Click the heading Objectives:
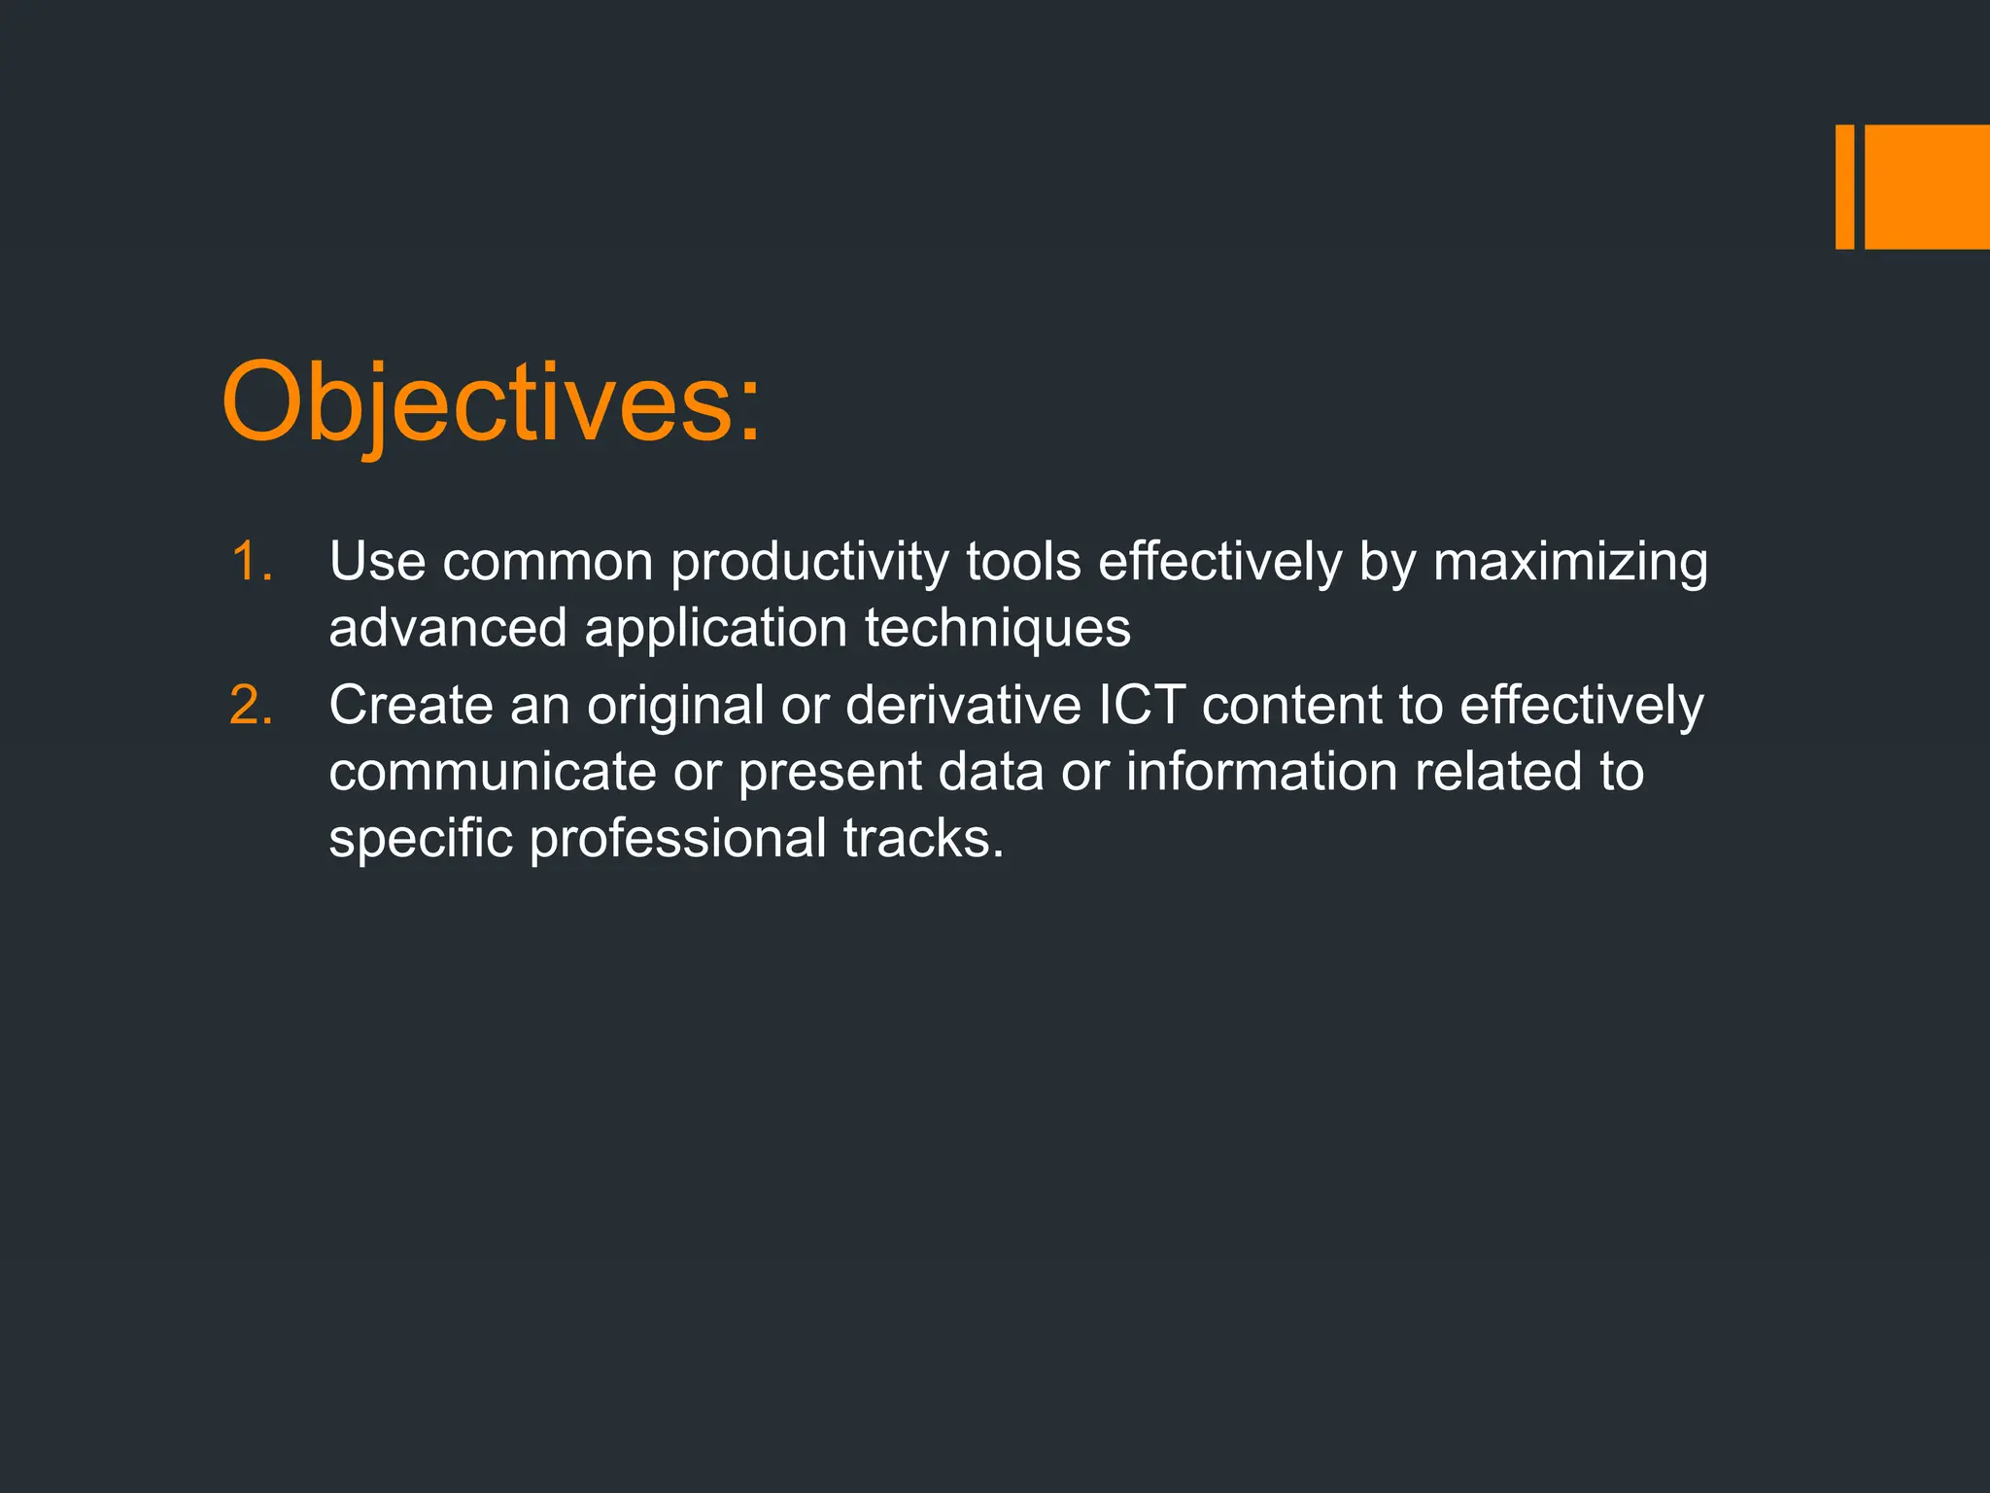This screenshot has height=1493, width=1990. pos(491,403)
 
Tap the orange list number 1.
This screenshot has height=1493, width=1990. pos(251,562)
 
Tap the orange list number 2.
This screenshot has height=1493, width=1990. pos(251,705)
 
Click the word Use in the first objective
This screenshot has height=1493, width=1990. pos(377,562)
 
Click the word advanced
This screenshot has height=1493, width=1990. pos(448,628)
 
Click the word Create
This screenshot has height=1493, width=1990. pos(411,705)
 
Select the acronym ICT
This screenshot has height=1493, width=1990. pos(1142,705)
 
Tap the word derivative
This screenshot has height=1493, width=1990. pos(963,705)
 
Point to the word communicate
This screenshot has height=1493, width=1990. pos(493,772)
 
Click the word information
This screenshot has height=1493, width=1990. pos(1261,772)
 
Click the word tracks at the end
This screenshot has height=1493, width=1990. pos(922,838)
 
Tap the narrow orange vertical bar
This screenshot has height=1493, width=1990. pos(1844,187)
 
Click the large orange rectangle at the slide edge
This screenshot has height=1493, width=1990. pos(1927,187)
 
